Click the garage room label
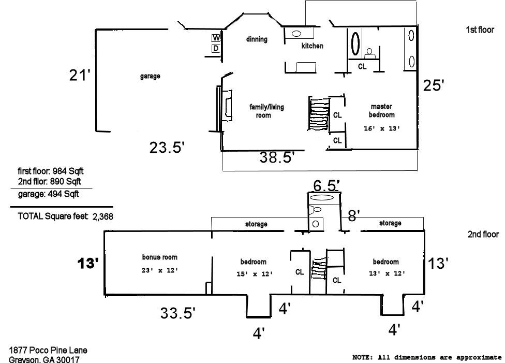coord(150,77)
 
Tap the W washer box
coord(216,38)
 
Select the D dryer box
coord(216,49)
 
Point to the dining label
coord(257,39)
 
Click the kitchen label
coord(312,46)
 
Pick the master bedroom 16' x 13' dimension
coord(382,128)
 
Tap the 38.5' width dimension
coord(277,157)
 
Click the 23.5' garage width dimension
coord(167,148)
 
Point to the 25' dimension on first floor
coord(434,85)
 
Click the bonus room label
coord(160,257)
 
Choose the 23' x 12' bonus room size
coord(160,270)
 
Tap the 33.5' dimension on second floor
coord(178,313)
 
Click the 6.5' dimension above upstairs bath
coord(326,186)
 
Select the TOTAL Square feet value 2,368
coord(103,216)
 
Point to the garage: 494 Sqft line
coord(48,194)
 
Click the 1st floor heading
coord(480,30)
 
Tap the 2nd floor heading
coord(483,235)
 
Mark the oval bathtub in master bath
coord(355,43)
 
